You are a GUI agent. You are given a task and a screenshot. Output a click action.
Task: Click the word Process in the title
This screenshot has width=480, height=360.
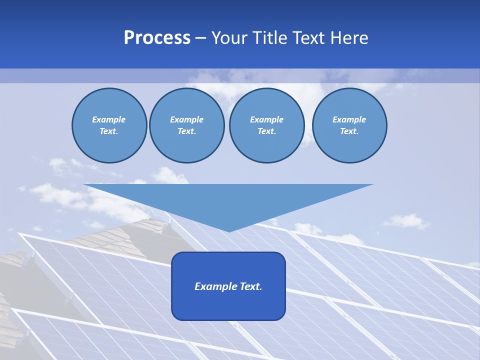[157, 38]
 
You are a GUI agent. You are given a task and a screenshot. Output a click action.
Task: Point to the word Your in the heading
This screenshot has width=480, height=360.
[230, 38]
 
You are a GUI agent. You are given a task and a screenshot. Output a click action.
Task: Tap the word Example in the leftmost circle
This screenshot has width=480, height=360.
[109, 119]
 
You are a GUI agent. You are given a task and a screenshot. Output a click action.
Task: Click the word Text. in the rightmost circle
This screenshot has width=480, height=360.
[349, 131]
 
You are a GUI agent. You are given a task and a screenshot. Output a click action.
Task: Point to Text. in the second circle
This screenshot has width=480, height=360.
[187, 131]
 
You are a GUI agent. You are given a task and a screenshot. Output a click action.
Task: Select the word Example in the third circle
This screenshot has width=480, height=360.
[266, 119]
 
